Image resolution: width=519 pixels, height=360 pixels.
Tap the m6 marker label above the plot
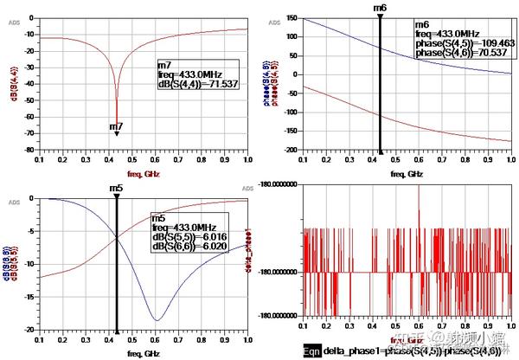[380, 8]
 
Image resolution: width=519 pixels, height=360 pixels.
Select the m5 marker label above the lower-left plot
[116, 188]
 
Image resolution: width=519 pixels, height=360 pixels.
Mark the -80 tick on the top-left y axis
[30, 150]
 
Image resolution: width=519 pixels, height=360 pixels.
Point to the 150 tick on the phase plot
[293, 18]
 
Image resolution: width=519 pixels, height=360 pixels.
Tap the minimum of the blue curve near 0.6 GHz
[157, 320]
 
